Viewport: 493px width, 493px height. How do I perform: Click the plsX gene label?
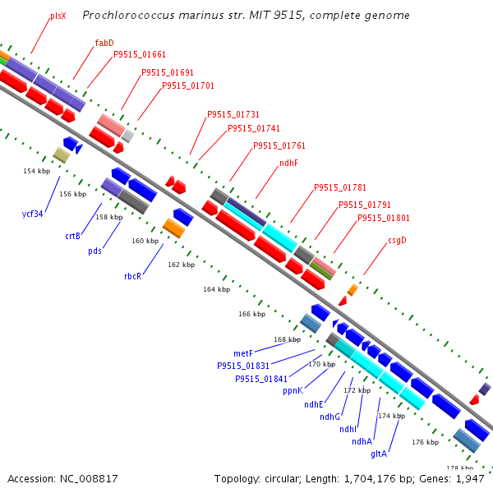tap(58, 16)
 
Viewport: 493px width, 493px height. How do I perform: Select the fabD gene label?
tap(104, 43)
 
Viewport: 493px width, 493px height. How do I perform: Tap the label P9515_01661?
tap(140, 55)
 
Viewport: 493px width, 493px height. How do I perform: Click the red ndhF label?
tap(288, 164)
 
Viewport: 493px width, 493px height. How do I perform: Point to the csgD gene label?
tap(397, 241)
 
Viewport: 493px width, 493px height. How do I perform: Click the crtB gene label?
tap(73, 236)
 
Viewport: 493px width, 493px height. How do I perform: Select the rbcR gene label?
tap(132, 276)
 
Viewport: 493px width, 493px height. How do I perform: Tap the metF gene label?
tap(243, 353)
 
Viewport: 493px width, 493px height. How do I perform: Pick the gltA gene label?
tap(379, 453)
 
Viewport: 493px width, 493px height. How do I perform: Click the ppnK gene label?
tap(293, 390)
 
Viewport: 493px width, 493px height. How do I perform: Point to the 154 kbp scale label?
tap(36, 171)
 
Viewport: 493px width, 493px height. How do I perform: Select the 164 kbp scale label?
tap(217, 289)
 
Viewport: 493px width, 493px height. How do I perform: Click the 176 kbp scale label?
tap(425, 443)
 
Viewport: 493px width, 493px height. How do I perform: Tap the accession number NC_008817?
tap(62, 478)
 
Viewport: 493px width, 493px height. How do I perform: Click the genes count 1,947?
tap(470, 478)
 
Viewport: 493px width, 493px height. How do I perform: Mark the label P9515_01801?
tap(384, 219)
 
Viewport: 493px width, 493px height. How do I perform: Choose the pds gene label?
tap(95, 251)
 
